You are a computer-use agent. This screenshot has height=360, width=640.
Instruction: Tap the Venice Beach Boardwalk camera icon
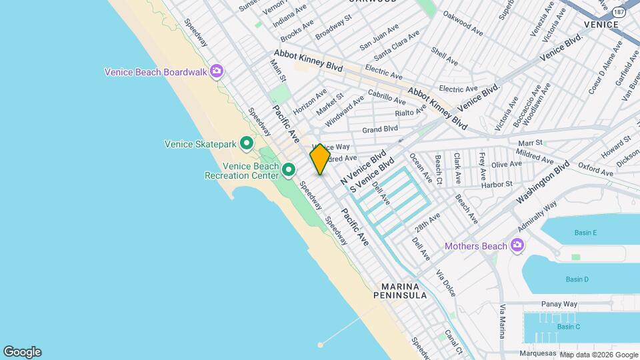pos(216,71)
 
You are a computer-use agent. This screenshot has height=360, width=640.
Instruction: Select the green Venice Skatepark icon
pos(247,143)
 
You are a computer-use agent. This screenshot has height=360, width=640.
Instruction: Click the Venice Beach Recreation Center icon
pos(289,170)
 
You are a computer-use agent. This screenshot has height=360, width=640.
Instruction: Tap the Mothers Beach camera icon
pos(517,246)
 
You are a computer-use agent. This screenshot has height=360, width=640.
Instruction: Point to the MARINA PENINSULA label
pos(405,291)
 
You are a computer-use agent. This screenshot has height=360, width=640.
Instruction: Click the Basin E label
pos(585,233)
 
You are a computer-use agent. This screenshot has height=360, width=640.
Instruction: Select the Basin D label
pos(577,279)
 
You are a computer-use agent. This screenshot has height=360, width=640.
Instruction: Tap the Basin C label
pos(569,326)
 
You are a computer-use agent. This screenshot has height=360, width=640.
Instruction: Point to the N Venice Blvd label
pos(363,167)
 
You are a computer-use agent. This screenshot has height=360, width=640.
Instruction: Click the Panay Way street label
pos(559,303)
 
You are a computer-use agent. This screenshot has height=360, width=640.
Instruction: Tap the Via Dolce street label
pos(445,283)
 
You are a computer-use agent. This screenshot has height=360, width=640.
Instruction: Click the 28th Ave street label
pos(427,221)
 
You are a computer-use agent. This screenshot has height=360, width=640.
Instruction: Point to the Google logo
pos(22,352)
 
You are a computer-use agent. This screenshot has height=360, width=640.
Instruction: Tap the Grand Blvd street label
pos(380,129)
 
